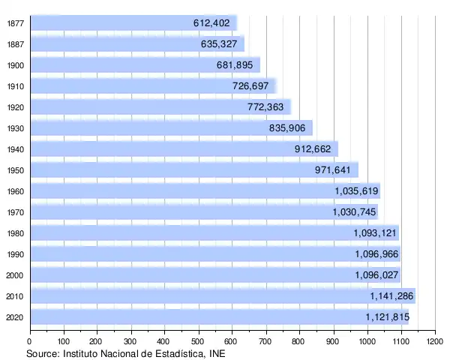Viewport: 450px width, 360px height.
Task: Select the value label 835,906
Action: tap(287, 128)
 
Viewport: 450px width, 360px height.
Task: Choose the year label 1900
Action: tap(15, 65)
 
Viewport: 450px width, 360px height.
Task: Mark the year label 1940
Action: tap(15, 149)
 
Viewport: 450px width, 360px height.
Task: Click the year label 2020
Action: tap(15, 317)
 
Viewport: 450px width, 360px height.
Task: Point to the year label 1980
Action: tap(15, 233)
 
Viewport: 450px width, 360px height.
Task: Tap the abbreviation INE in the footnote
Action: tap(216, 353)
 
